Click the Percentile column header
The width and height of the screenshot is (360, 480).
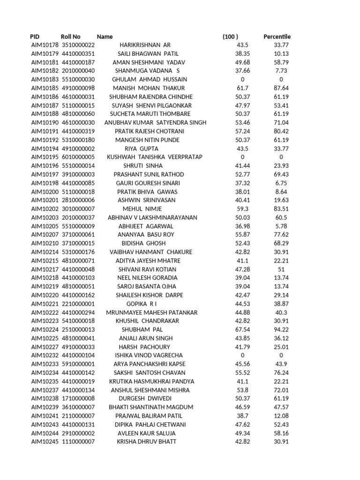pos(277,37)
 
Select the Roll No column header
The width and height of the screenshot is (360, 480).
pos(70,37)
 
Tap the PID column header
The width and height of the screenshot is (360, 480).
pos(35,37)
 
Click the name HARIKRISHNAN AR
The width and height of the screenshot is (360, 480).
pos(145,45)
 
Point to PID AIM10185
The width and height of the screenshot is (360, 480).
pos(45,88)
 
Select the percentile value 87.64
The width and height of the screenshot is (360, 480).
pos(281,88)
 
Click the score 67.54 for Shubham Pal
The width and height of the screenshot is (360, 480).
pos(243,330)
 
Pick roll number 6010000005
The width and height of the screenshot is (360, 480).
pos(78,157)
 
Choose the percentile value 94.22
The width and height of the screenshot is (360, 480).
pos(281,330)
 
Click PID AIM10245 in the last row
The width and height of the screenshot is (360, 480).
pos(45,442)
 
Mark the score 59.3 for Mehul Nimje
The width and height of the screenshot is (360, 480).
pos(243,209)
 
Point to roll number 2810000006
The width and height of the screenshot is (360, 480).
pos(78,200)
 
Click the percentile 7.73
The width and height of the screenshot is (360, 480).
pos(281,71)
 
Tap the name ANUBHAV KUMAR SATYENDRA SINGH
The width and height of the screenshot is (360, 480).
pos(155,123)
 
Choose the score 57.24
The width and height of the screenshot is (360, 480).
pos(243,131)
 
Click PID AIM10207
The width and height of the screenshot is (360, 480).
pos(45,234)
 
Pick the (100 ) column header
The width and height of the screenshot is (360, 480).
pos(230,37)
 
